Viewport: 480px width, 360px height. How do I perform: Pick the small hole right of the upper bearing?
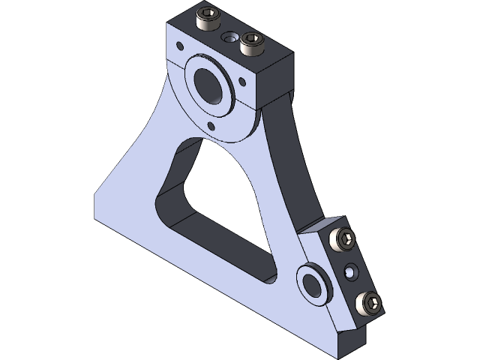241,82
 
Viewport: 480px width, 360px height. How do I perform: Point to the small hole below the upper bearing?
211,124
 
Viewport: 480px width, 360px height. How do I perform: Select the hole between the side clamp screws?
349,271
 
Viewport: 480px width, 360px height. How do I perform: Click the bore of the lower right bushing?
310,282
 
